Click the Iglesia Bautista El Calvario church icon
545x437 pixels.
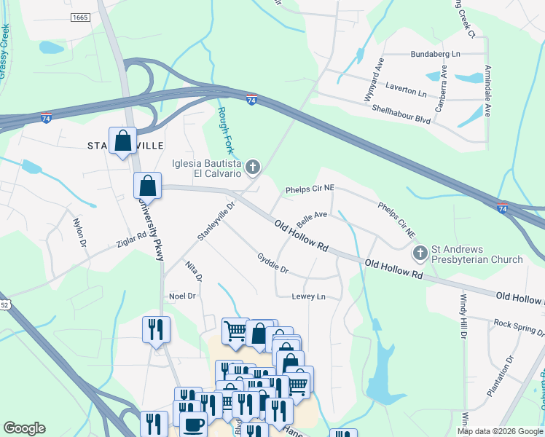point(253,169)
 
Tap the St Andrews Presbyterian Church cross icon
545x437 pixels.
point(420,253)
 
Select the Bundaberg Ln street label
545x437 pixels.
point(436,54)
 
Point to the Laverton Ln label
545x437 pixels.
point(407,92)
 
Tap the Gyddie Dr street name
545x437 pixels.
point(273,264)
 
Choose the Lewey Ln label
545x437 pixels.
point(308,296)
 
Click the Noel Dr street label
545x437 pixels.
point(183,296)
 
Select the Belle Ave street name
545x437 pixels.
point(311,219)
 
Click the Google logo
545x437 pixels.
point(24,428)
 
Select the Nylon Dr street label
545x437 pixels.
point(79,232)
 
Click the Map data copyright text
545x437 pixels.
point(500,431)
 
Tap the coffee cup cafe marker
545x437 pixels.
point(195,425)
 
